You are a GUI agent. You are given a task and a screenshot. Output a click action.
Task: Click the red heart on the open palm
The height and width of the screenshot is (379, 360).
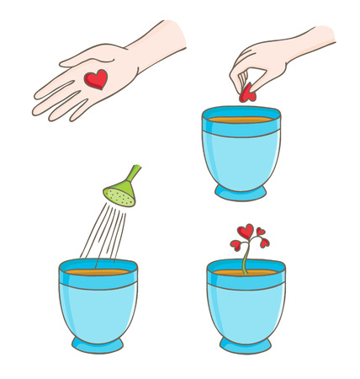coord(96,79)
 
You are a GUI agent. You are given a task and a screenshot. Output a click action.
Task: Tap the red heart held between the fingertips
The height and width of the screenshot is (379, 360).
coord(247,93)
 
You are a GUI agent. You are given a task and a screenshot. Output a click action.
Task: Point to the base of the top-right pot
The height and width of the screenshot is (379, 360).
coord(241,193)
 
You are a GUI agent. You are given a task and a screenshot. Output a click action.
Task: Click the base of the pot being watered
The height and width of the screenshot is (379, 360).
coord(98,344)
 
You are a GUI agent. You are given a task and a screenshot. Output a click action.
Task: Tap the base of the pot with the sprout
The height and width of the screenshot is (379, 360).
coord(246,344)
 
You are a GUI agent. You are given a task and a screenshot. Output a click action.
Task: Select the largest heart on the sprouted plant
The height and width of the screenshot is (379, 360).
coord(245,232)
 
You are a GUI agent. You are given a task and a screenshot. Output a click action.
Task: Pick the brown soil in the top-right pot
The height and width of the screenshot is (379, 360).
coord(241,120)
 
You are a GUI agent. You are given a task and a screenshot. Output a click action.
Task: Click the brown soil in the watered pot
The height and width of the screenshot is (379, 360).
coord(98,272)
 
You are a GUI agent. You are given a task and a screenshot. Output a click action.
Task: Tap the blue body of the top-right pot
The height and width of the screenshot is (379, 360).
coord(241,156)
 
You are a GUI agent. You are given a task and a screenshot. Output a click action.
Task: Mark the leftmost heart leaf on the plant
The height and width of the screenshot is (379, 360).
coord(236,245)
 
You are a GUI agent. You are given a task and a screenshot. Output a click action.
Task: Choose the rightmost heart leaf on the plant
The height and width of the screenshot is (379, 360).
coord(264,243)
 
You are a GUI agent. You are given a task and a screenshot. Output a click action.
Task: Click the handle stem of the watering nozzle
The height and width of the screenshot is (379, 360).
coord(134,173)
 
